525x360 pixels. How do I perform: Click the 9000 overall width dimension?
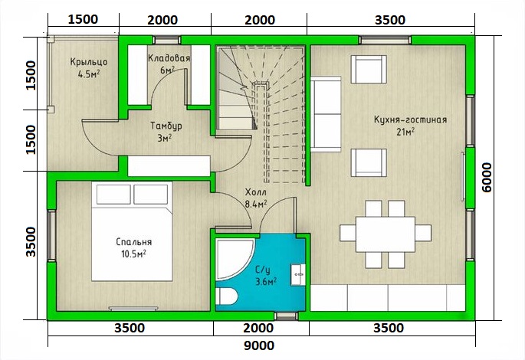259,345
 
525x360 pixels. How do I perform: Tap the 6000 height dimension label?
487,178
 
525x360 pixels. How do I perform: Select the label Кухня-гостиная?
410,119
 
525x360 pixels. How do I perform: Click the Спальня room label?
133,242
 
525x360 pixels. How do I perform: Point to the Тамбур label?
166,126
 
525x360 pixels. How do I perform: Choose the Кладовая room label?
169,58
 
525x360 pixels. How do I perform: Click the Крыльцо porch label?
89,62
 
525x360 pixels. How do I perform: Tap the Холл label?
256,192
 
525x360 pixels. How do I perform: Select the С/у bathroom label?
262,270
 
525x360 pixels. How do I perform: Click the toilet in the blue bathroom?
226,296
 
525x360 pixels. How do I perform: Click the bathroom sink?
297,275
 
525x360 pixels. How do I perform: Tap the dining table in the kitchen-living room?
386,234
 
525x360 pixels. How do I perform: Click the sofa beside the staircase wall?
326,114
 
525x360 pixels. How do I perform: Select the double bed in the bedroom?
132,231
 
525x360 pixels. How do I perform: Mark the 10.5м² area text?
133,254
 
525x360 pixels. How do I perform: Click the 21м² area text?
405,132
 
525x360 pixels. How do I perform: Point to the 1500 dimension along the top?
83,19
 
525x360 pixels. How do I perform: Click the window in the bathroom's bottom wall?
286,316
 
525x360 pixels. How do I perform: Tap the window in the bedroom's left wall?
51,235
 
